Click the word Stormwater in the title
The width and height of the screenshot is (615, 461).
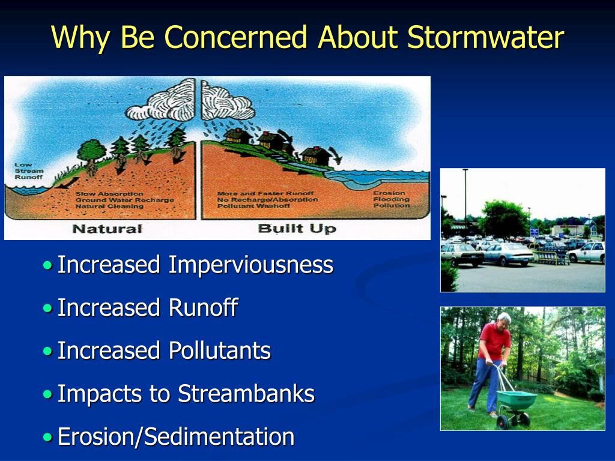coord(485,37)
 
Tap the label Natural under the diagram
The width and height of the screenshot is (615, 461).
coord(107,229)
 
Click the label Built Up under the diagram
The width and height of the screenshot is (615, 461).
coord(297,229)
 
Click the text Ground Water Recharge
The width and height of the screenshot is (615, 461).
coord(124,200)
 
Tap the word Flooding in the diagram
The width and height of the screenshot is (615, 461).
coord(390,199)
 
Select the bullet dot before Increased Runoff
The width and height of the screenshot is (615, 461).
coord(48,309)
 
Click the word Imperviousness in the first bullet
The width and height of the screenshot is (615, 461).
coord(250,265)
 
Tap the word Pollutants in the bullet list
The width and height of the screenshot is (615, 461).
coord(219,351)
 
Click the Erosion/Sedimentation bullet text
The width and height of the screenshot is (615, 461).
coord(175,437)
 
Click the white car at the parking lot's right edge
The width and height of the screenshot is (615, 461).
coord(587,253)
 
